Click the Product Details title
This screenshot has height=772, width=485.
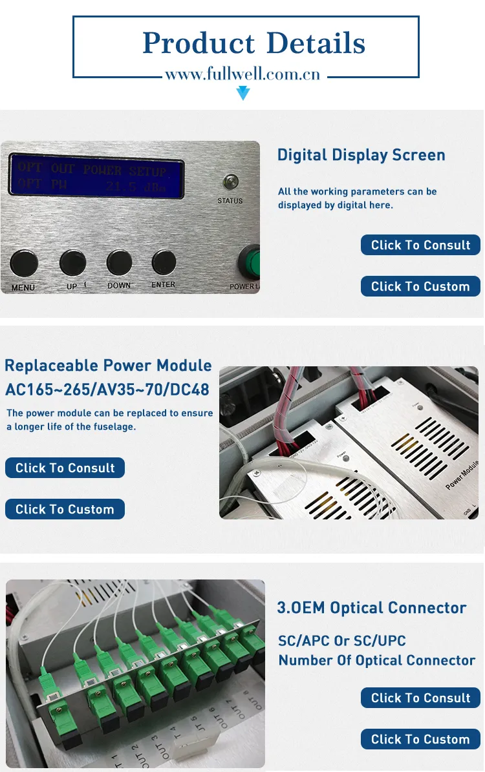coord(253,43)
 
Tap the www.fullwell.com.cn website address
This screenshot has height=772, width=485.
coord(242,74)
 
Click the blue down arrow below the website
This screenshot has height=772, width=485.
coord(242,94)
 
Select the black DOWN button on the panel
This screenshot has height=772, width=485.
coord(119,262)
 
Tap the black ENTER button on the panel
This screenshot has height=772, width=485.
coord(164,262)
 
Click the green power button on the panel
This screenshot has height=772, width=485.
coord(251,261)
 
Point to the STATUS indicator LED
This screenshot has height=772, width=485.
coord(230,182)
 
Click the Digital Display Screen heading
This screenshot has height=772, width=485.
coord(361,155)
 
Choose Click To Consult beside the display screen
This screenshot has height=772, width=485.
coord(420,245)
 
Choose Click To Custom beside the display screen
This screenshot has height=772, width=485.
coord(420,286)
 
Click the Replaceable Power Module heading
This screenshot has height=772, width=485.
coord(108,366)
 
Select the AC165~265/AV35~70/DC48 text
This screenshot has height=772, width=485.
coord(107,390)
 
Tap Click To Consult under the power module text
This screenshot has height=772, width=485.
coord(65,468)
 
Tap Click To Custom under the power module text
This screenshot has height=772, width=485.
coord(65,509)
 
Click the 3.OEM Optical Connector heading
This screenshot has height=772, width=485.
coord(371,608)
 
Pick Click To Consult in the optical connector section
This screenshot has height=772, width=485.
coord(420,698)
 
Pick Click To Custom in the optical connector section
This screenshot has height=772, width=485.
coord(420,739)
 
